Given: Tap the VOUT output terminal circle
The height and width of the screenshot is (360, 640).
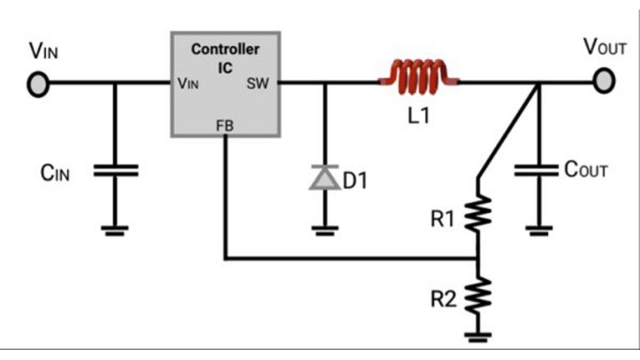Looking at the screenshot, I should [606, 80].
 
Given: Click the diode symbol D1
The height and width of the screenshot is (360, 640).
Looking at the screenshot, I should [322, 177].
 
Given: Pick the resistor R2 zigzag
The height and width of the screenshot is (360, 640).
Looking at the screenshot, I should [477, 293].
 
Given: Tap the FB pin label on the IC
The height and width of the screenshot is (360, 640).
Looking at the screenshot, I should [225, 126].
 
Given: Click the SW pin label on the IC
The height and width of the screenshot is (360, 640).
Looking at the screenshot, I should [257, 83].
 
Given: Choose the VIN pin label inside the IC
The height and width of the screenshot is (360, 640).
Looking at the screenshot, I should [188, 83].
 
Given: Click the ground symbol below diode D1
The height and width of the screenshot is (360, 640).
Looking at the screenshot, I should [323, 230].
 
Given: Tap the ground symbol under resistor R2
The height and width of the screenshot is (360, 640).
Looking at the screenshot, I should [477, 338].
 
